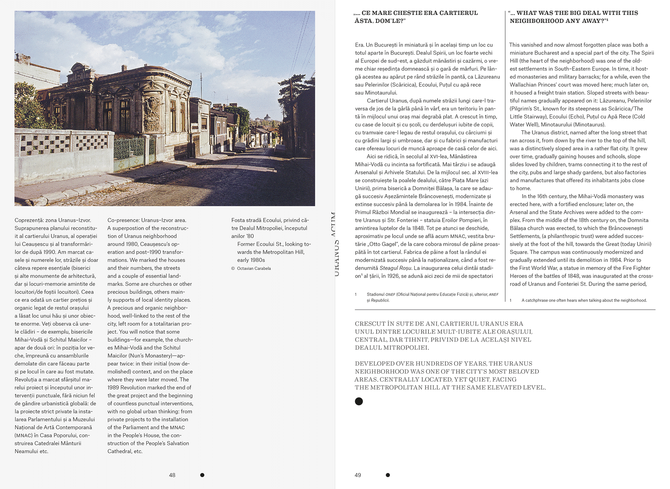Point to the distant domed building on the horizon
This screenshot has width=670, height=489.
(267, 118)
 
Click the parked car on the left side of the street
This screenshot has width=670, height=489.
(240, 147)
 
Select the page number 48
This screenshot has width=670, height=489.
(172, 475)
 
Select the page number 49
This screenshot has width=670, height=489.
(358, 475)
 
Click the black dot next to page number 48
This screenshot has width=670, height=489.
(202, 475)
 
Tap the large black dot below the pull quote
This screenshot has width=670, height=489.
(359, 401)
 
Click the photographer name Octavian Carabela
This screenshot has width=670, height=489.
(254, 268)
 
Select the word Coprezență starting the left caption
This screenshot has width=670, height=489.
(29, 220)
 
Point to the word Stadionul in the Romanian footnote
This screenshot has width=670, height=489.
(376, 294)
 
